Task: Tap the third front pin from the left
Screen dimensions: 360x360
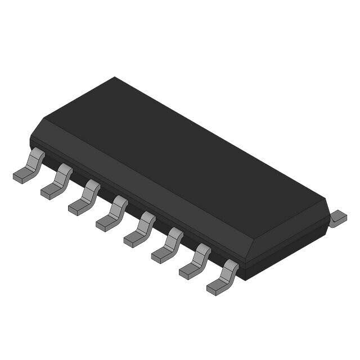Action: (85, 197)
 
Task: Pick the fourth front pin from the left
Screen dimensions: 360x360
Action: (112, 213)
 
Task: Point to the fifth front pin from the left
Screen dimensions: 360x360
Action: (140, 229)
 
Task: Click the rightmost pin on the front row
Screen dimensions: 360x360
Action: (223, 277)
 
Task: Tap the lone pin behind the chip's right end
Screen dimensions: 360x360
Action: (337, 218)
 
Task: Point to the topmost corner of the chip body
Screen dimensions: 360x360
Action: (115, 78)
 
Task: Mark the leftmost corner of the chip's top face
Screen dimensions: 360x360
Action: (44, 119)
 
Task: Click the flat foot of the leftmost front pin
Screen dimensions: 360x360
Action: (21, 177)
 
